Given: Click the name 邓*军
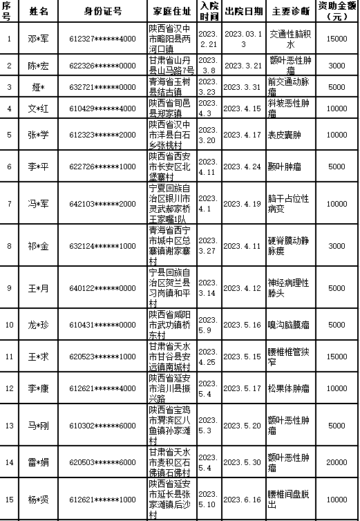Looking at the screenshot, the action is (x=39, y=38).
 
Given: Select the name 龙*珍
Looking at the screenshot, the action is (x=39, y=324).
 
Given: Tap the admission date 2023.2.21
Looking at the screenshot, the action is (x=209, y=38).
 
